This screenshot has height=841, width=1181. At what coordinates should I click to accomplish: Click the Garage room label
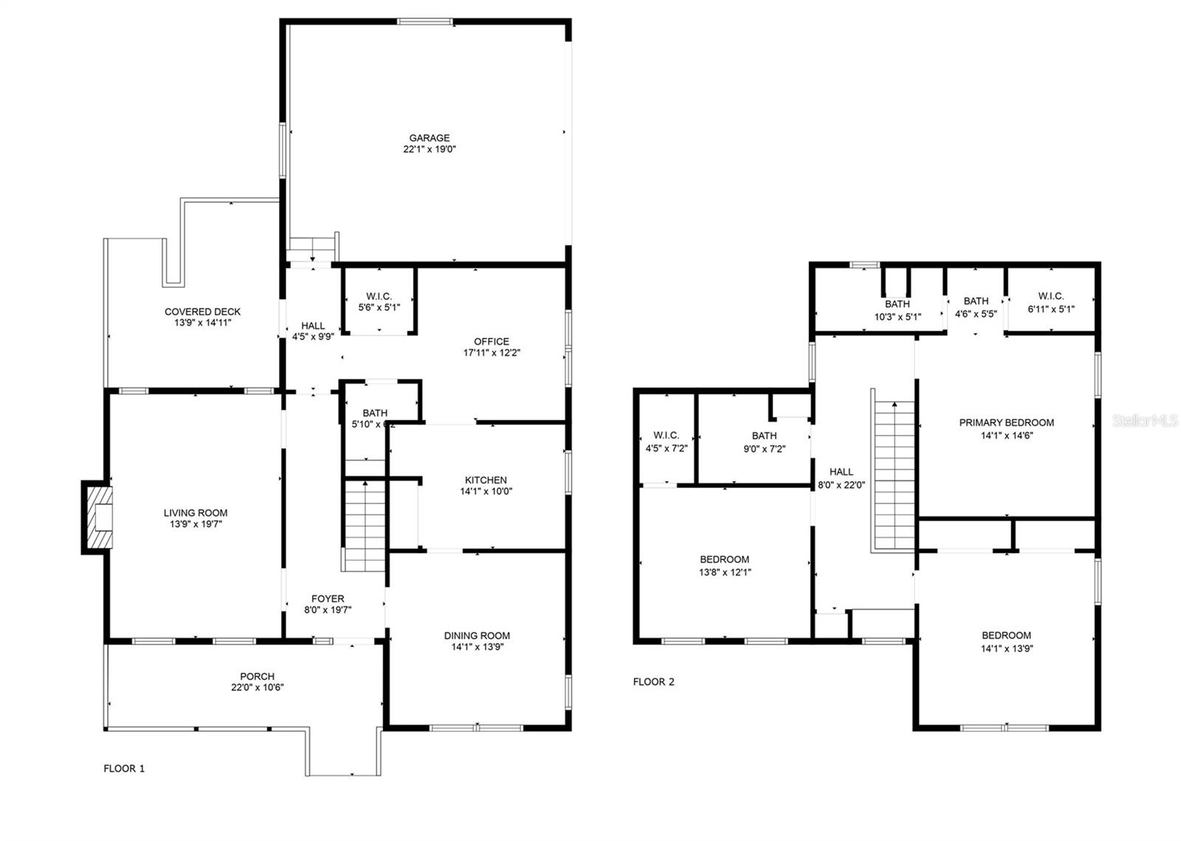tap(430, 138)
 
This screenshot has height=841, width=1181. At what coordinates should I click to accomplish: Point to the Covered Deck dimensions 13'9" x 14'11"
tap(203, 323)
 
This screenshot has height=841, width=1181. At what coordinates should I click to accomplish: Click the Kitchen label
tap(486, 480)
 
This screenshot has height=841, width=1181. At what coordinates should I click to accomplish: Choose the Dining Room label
tap(477, 636)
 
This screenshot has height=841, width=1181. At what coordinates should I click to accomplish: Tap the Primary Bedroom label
tap(1006, 423)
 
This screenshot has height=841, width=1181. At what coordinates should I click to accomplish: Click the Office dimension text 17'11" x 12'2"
tap(492, 353)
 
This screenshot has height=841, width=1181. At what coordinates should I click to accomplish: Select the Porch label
tap(257, 676)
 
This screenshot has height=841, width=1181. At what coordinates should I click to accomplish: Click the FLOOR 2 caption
tap(653, 682)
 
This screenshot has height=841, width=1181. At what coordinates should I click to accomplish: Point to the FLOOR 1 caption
tap(124, 769)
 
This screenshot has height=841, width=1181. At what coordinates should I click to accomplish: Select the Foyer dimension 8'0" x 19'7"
tap(328, 610)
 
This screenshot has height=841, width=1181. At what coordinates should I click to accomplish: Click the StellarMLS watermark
tap(1145, 421)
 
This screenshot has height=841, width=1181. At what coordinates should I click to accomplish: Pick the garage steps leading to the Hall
tap(313, 247)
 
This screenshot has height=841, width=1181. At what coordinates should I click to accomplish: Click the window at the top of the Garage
tap(425, 21)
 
